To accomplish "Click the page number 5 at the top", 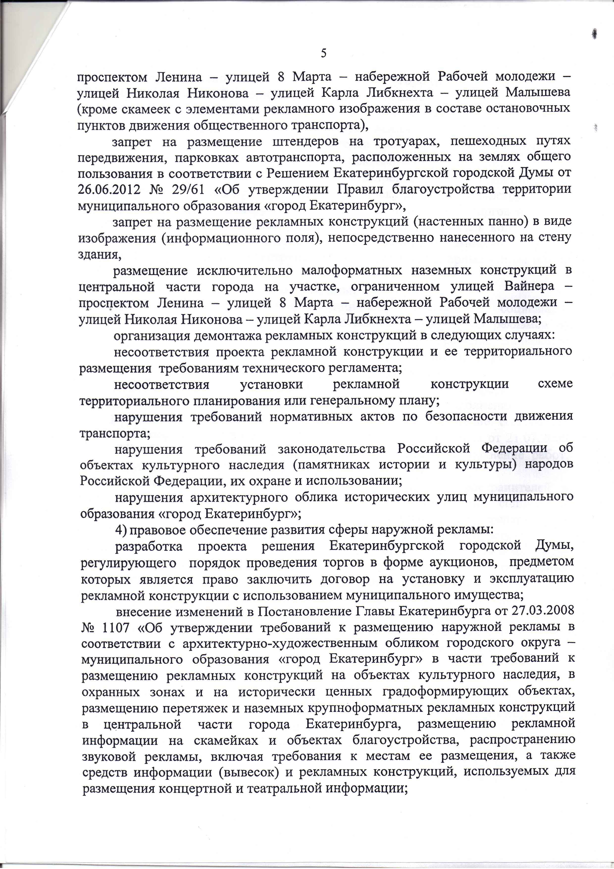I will coord(323,53).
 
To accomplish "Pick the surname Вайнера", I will coord(529,287).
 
